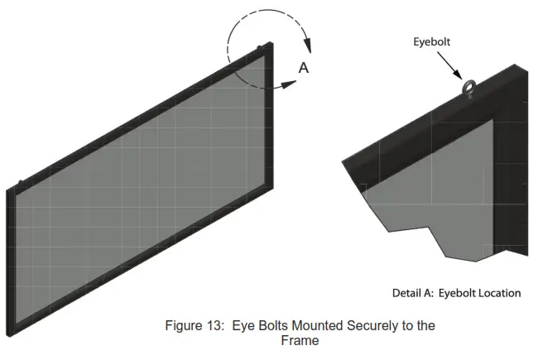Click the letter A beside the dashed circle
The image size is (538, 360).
[303, 68]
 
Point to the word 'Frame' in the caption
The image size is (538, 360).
[300, 340]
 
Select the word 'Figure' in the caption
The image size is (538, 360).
[203, 325]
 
